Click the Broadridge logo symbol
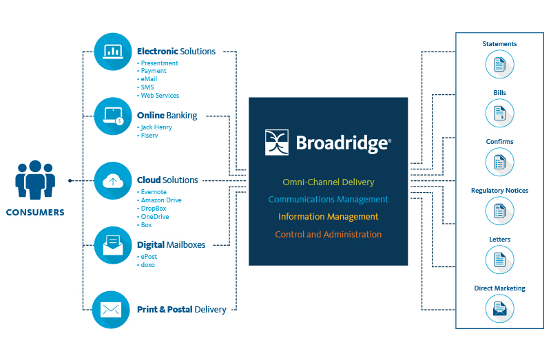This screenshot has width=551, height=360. coord(278,142)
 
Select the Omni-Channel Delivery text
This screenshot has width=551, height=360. coord(328,182)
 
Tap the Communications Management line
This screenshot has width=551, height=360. coord(328,200)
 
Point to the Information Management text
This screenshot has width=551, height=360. coord(328,217)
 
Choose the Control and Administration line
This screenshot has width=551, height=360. coord(328,235)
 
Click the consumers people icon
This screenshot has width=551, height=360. coord(34,180)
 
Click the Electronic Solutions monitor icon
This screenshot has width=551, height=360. coord(112,52)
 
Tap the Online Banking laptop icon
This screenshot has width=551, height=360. coord(112,116)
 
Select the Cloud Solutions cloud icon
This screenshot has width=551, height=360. coord(112,180)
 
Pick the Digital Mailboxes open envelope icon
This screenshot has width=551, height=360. coord(112,244)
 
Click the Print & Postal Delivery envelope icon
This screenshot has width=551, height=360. coord(112,309)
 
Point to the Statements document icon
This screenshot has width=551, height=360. coord(499,65)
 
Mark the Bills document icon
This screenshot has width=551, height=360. coord(499,114)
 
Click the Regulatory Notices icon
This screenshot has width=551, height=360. coord(499,211)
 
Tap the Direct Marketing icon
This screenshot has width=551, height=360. coord(499,309)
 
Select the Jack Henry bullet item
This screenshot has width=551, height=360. coord(156,127)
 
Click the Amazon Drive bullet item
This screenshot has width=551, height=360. coord(161,200)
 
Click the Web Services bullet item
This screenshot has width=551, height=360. coord(160,96)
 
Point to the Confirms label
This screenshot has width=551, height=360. coord(499,142)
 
